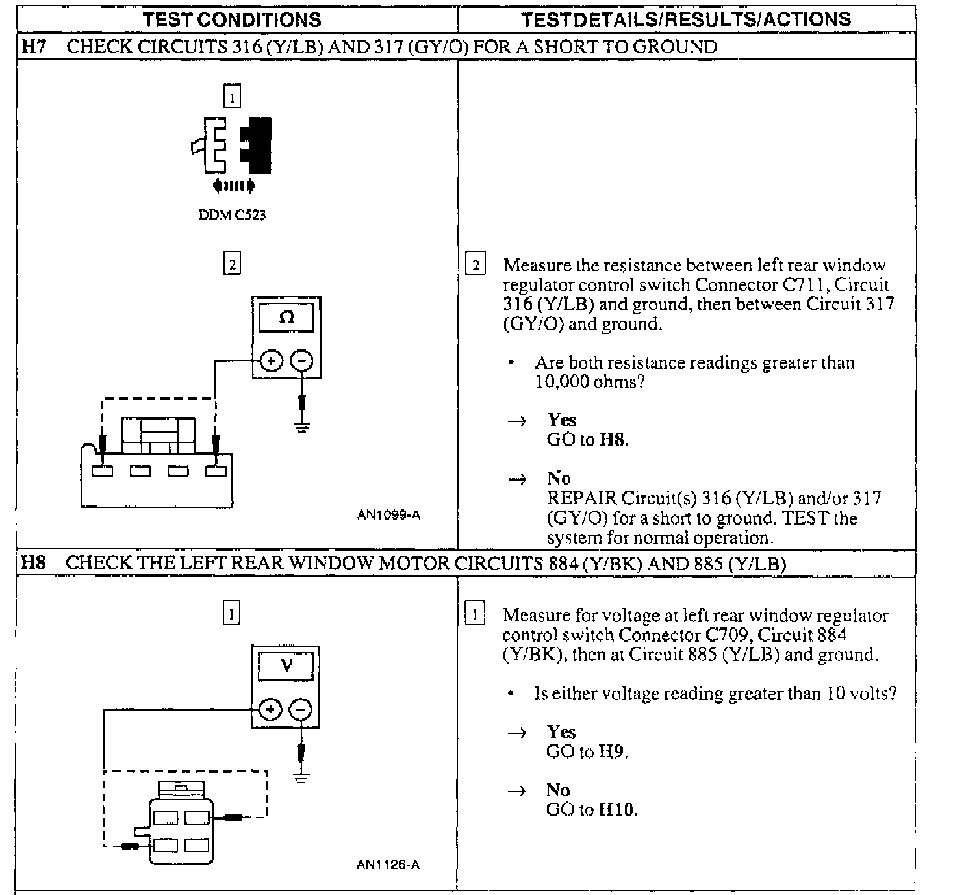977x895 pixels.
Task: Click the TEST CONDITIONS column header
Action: (232, 19)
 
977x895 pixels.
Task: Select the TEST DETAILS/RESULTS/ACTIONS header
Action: (686, 19)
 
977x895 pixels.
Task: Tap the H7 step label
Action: (33, 47)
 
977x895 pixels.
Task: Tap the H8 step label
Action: (33, 562)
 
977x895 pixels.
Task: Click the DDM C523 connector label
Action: (232, 215)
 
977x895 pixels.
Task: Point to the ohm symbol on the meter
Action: (286, 318)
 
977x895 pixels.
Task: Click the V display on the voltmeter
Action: (286, 665)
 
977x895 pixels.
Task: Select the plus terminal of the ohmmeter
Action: (272, 360)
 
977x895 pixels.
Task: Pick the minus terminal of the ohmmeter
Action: (301, 360)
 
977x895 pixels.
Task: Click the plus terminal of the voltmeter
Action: (270, 710)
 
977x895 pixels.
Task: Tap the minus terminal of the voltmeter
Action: (299, 710)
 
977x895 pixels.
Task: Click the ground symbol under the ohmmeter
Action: (301, 427)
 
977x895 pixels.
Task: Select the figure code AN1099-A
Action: (388, 515)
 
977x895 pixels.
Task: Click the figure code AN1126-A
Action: (388, 864)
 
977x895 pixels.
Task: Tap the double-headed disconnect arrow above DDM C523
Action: (234, 186)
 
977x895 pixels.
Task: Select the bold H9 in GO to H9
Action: (612, 752)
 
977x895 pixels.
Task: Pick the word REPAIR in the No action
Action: (581, 499)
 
